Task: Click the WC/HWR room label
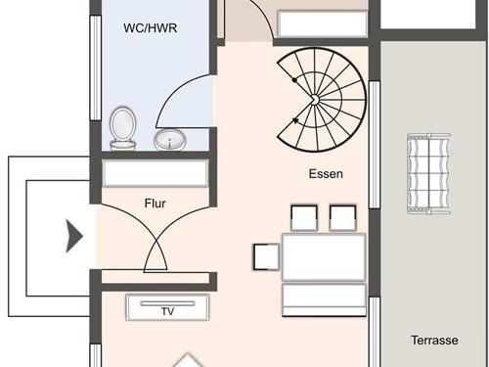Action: coord(151,28)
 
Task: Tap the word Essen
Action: coord(326,174)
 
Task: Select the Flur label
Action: coord(155,204)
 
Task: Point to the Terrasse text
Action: coord(434,341)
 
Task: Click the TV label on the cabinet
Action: coord(167,311)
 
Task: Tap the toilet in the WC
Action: coord(122,128)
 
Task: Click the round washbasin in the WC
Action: coord(170,140)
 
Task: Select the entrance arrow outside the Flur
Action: coord(74,236)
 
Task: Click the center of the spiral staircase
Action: coord(314,100)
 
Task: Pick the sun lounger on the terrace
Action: coord(428,173)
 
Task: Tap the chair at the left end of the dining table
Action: coord(266,256)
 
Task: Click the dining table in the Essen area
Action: coord(324,257)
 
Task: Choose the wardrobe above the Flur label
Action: coord(156,173)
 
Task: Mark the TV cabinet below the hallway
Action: coord(167,307)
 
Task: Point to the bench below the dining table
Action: coord(324,299)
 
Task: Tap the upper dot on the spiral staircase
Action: coord(294,80)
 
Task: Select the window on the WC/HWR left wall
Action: coord(96,69)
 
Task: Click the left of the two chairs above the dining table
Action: coord(304,218)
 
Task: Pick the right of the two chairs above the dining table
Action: coord(342,218)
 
